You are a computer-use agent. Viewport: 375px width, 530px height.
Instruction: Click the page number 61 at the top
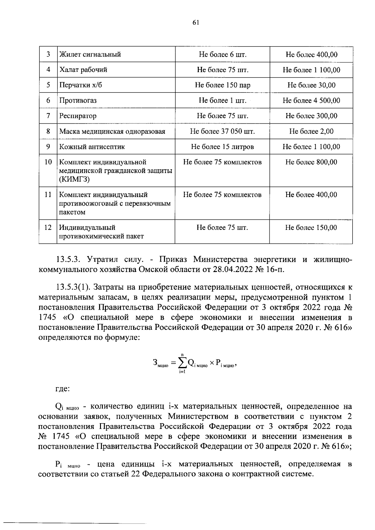click(x=196, y=22)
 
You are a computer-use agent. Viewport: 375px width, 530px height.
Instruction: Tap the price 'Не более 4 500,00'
click(x=311, y=101)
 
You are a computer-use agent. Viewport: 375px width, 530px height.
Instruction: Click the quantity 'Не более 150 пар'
click(x=222, y=85)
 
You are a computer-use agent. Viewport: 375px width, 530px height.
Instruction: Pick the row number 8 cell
click(x=48, y=131)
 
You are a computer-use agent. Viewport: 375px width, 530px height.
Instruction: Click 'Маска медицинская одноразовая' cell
click(x=112, y=131)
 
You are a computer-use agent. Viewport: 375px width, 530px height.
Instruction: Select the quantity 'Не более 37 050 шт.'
click(x=222, y=131)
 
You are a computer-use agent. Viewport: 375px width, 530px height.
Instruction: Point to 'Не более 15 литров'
click(x=222, y=147)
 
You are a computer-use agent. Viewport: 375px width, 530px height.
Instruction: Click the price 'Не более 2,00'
click(x=311, y=131)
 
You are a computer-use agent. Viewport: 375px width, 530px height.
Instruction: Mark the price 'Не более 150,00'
click(x=311, y=228)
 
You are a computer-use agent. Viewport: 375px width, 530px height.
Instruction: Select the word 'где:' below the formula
click(x=62, y=389)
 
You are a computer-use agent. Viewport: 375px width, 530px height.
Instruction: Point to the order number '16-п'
click(x=275, y=270)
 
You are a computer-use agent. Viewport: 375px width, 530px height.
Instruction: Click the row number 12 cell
click(x=48, y=228)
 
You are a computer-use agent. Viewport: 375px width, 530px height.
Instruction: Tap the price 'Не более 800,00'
click(x=311, y=162)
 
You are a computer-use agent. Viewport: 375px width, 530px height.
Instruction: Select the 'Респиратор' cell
click(x=78, y=116)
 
